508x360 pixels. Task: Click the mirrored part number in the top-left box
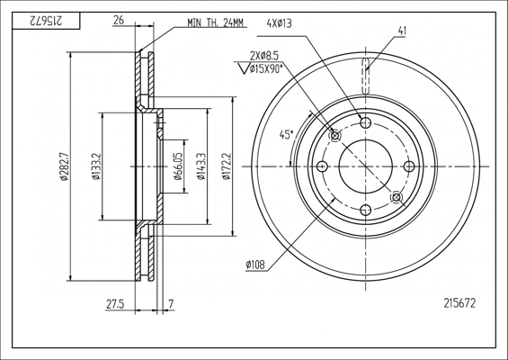(45, 21)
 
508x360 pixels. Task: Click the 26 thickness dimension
(119, 20)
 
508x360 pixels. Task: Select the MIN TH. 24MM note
(215, 22)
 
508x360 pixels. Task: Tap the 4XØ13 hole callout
(279, 23)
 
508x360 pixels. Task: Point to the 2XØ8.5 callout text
(264, 56)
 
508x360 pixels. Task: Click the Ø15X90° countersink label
(266, 68)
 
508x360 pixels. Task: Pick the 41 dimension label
(402, 31)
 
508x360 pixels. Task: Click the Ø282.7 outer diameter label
(63, 166)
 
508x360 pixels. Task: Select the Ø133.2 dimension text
(95, 166)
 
